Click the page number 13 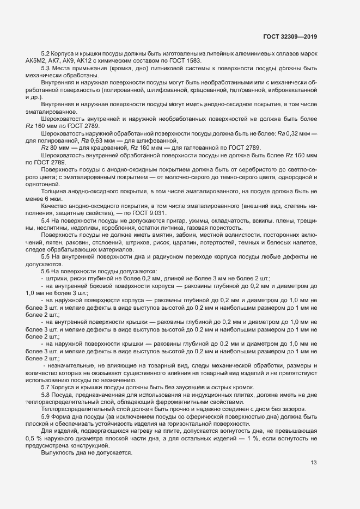click(314, 463)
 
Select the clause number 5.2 click(46, 53)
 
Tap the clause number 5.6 click(46, 271)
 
